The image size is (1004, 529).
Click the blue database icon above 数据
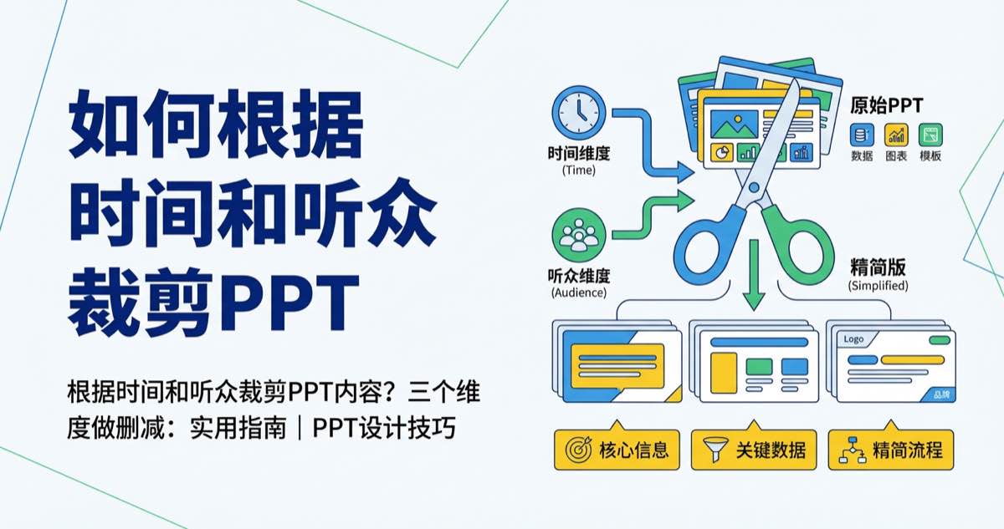pos(862,135)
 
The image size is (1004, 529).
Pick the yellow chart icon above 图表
pos(896,135)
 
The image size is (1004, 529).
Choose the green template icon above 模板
pos(930,135)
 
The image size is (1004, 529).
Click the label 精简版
pos(878,268)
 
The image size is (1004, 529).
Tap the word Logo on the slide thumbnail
pos(853,339)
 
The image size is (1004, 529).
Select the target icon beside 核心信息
pos(578,450)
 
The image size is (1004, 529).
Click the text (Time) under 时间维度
pos(579,170)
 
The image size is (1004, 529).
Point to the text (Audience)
pos(579,293)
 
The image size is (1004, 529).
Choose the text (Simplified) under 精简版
pos(878,285)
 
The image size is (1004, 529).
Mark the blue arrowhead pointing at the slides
pos(686,174)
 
